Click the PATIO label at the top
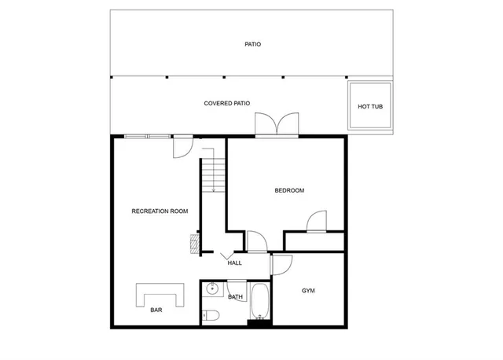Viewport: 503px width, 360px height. click(252, 45)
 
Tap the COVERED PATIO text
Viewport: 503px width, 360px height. click(226, 104)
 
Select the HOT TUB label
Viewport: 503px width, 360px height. click(369, 107)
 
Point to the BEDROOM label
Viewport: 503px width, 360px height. click(288, 190)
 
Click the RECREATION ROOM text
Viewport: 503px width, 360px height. click(160, 211)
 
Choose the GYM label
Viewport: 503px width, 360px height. click(309, 291)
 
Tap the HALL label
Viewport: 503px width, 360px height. click(234, 263)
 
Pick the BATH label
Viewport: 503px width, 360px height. click(235, 297)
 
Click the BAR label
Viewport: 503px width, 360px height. click(156, 310)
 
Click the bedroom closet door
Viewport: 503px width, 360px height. click(317, 222)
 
